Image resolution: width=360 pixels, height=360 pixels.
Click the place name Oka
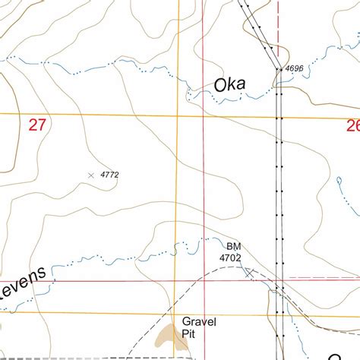point(230,85)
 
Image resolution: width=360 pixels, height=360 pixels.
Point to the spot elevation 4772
point(109,175)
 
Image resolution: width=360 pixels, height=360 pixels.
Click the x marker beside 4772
point(92,175)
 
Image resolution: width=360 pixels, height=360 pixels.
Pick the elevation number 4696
point(295,69)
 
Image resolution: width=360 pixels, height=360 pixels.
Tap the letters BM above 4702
point(232,246)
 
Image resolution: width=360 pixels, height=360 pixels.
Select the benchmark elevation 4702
point(230,257)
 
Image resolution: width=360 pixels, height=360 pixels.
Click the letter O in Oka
point(221,85)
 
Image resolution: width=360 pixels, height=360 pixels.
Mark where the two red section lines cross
point(203,280)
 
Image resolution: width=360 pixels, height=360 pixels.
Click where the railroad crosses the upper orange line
point(279,117)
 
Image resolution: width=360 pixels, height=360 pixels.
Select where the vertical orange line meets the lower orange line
point(178,312)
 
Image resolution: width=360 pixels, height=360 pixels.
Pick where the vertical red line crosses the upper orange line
point(203,116)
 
